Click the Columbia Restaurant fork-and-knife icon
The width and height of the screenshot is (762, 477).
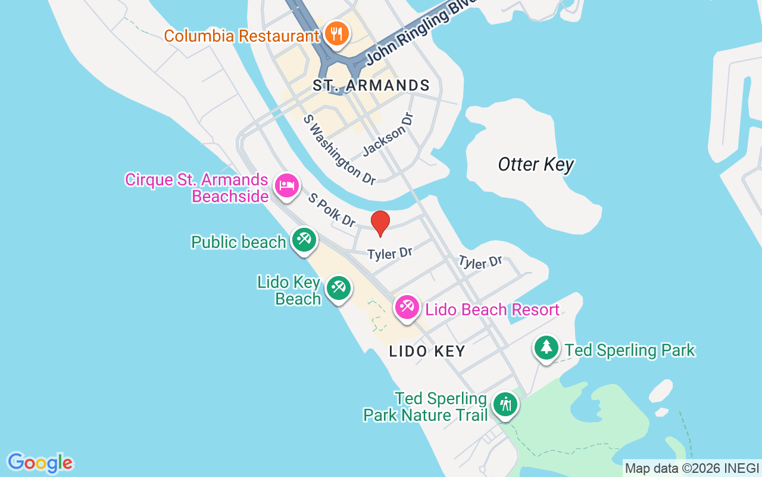(337, 33)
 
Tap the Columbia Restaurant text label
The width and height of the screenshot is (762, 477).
(242, 36)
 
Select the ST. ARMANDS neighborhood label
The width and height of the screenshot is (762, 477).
(371, 86)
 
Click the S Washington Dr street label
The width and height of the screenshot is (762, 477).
(339, 149)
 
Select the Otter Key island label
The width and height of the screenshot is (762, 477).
(536, 165)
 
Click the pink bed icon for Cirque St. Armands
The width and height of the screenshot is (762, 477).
(287, 185)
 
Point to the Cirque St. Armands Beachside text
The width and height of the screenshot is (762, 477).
(196, 188)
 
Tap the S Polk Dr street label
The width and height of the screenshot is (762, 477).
(332, 210)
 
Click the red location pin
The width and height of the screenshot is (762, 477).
(380, 223)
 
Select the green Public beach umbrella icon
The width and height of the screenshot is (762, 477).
(304, 240)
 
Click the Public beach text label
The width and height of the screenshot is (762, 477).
(238, 242)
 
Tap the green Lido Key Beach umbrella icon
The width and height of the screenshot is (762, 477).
(339, 288)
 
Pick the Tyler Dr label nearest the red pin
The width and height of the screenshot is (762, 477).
(390, 253)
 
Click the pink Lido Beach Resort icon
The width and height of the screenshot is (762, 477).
(407, 308)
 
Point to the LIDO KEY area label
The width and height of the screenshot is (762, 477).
(427, 351)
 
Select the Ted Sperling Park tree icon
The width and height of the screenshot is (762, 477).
(546, 347)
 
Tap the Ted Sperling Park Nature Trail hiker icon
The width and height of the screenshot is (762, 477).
(505, 405)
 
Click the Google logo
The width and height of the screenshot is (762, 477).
(40, 462)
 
